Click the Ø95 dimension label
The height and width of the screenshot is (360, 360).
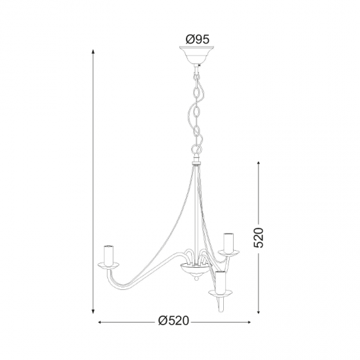(198, 39)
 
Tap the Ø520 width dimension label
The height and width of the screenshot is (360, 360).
(173, 321)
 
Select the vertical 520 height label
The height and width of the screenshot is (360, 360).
(259, 238)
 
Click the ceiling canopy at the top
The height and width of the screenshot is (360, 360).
(196, 55)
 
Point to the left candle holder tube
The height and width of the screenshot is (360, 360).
(109, 255)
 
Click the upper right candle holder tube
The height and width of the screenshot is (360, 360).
(229, 242)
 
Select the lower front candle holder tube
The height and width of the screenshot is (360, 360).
(221, 282)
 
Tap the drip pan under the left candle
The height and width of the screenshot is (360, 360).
(109, 264)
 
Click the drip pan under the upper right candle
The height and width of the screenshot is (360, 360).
(228, 252)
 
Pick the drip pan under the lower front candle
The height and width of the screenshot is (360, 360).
(220, 293)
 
